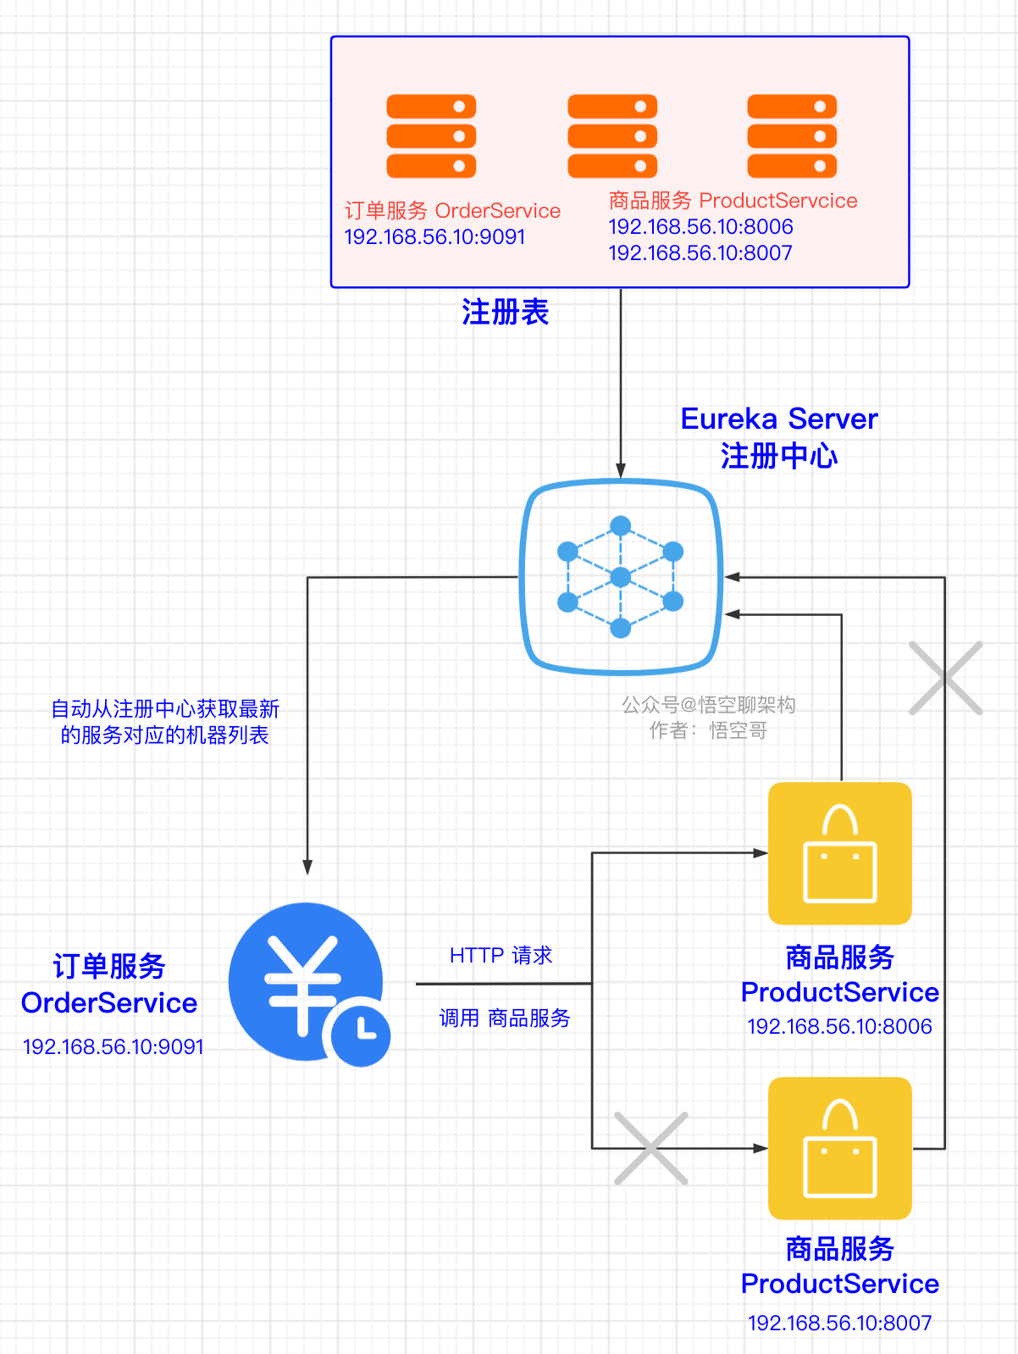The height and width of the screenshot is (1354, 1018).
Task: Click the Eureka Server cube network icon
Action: point(621,577)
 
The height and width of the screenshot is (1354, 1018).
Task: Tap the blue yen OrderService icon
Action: point(305,980)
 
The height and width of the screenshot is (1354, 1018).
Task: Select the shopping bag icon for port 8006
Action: point(839,853)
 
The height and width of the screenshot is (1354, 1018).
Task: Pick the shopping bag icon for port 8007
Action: point(839,1148)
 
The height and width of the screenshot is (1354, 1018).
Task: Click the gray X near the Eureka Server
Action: point(945,678)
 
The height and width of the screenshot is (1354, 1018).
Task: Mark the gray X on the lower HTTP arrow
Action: point(650,1148)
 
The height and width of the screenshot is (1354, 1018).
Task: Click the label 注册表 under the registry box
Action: point(505,313)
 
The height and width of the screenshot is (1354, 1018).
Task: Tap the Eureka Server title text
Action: point(779,419)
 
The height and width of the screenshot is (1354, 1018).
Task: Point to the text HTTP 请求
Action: point(501,956)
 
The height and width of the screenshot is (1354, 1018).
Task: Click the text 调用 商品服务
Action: point(505,1018)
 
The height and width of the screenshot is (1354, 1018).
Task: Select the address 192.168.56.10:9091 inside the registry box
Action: point(434,237)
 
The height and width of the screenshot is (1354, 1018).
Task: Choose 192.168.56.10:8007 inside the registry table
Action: point(700,253)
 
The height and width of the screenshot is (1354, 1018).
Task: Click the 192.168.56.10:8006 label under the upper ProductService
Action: point(839,1027)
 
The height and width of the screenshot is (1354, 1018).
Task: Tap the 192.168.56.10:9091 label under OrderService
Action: point(113,1047)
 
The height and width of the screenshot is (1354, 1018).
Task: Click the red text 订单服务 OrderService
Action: point(452,211)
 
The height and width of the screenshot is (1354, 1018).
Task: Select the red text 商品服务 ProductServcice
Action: point(733,201)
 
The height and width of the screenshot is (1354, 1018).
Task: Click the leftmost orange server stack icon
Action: point(431,136)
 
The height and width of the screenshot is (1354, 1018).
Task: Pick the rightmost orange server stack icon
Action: point(792,136)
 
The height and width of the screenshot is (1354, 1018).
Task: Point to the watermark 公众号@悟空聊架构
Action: point(709,705)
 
